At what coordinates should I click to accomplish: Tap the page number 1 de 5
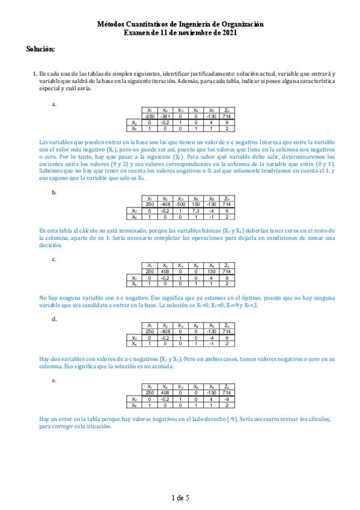(x=180, y=497)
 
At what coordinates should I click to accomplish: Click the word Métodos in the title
(x=114, y=23)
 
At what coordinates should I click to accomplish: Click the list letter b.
(x=55, y=193)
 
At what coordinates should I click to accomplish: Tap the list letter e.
(x=55, y=381)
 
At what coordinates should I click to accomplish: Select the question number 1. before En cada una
(x=34, y=73)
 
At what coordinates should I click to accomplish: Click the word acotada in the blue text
(x=165, y=367)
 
